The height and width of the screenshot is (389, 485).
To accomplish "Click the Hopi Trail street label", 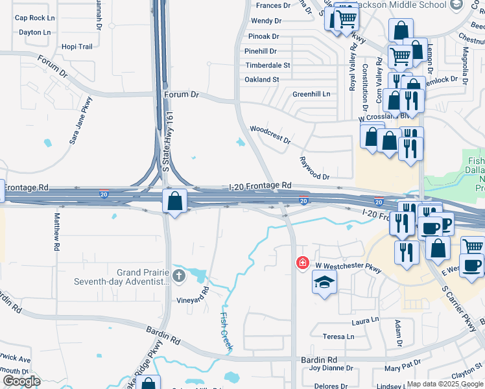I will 77,47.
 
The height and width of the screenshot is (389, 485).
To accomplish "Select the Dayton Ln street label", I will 34,32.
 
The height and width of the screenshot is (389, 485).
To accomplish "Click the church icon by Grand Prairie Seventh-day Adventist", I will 179,277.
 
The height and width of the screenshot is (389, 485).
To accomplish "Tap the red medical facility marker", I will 302,263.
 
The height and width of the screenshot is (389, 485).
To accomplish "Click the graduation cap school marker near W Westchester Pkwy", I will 325,282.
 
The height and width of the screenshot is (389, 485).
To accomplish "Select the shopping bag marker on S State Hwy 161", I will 175,200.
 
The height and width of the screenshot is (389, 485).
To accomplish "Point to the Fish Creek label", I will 226,331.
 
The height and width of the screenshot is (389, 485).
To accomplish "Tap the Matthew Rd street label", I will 57,231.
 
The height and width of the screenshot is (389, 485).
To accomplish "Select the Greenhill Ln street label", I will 311,94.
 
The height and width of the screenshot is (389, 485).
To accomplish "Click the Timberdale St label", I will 267,65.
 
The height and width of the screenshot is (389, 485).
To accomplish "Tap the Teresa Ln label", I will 339,336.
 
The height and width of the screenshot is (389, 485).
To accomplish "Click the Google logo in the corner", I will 22,381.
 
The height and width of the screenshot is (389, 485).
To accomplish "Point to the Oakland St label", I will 261,80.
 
